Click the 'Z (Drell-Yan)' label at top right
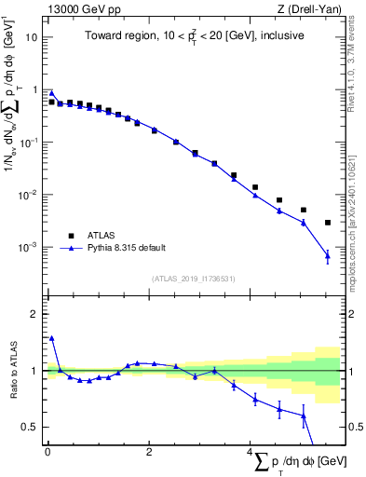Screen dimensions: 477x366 click(x=309, y=8)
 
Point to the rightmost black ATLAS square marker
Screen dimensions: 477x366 click(x=327, y=223)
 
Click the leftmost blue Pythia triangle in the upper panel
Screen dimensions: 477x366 click(x=51, y=93)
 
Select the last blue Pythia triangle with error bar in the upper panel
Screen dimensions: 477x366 click(x=327, y=255)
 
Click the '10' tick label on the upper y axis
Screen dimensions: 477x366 click(x=32, y=38)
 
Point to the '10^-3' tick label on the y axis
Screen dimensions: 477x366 click(x=28, y=248)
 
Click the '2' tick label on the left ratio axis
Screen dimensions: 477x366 click(x=35, y=314)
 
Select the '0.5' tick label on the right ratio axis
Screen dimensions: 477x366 click(x=351, y=427)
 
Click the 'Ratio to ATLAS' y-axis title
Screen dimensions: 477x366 click(x=13, y=371)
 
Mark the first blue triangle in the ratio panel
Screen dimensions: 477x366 click(x=51, y=338)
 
